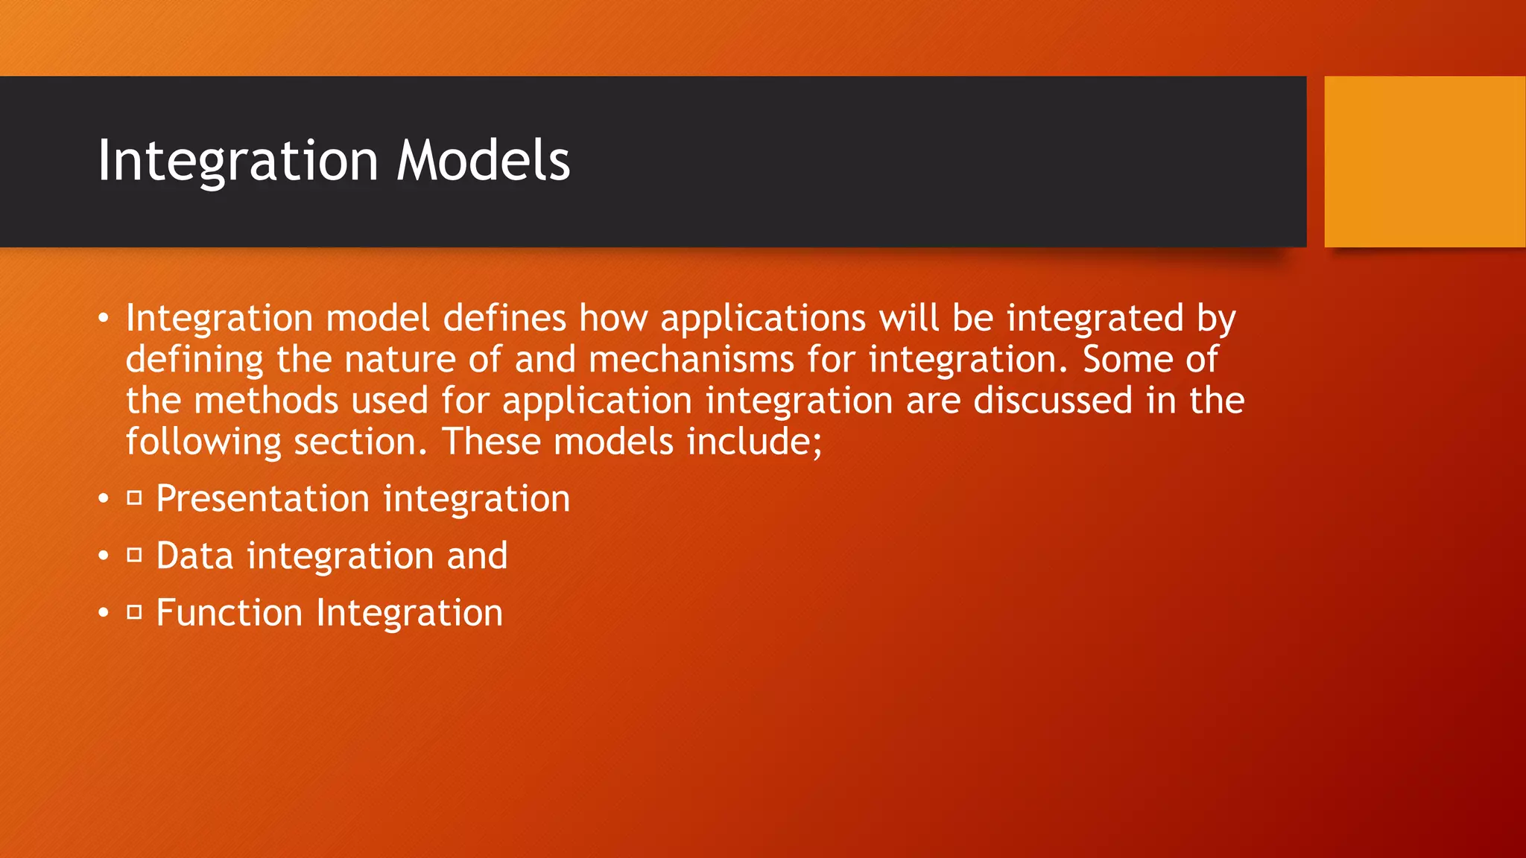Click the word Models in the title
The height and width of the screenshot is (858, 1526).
(483, 161)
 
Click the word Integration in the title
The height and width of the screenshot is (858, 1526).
(238, 161)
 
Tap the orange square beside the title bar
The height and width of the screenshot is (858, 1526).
(1425, 161)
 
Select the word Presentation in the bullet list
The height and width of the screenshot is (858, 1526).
(262, 498)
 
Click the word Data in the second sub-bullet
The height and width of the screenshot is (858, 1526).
(194, 556)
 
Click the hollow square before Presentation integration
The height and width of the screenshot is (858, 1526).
(134, 498)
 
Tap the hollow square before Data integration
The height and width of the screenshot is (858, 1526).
(134, 555)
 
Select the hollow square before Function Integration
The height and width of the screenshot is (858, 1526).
(134, 612)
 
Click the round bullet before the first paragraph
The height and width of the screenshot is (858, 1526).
(104, 320)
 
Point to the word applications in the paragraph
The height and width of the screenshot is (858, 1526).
(763, 320)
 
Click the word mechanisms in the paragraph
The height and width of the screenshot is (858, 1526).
(691, 360)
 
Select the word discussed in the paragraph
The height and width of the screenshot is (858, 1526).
(1054, 401)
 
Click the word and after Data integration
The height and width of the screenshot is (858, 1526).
(477, 556)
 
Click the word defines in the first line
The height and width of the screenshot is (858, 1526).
(504, 319)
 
